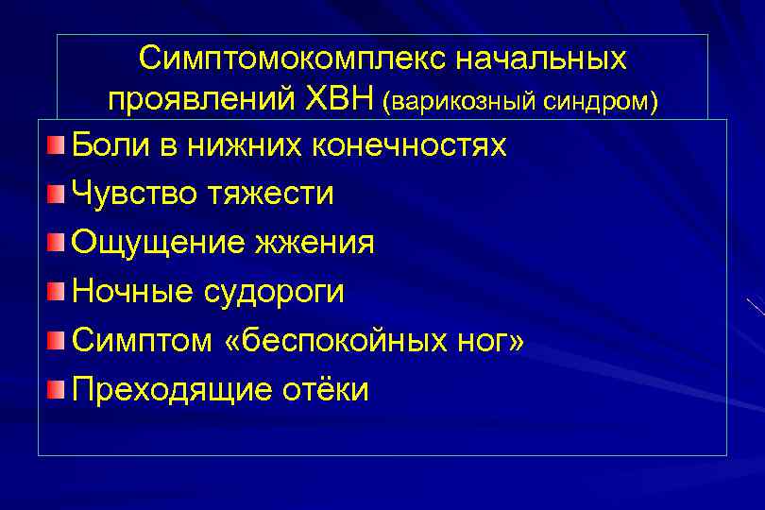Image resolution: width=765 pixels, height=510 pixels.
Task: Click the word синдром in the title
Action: point(599,100)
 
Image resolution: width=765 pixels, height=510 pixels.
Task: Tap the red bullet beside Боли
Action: point(58,145)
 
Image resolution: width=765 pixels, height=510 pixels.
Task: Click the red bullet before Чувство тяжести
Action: point(58,195)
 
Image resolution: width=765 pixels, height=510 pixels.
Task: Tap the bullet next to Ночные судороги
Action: point(58,292)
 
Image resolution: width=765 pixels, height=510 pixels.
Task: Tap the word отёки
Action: point(321,390)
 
